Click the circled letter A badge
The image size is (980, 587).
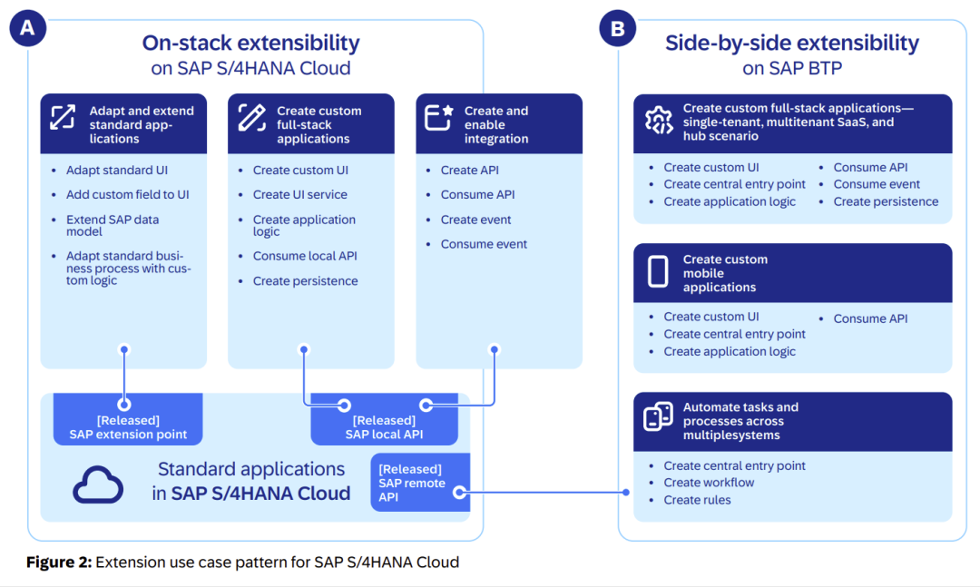point(27,28)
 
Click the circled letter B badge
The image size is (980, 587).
point(617,28)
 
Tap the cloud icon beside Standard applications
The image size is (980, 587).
point(98,484)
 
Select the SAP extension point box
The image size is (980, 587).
point(128,426)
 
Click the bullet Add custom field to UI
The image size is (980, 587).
point(127,195)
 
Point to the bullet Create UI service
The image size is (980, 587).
point(299,195)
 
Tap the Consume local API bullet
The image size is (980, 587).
point(305,256)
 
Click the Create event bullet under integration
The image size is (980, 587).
point(475,220)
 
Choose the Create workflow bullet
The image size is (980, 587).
point(709,483)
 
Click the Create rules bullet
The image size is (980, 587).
point(697,500)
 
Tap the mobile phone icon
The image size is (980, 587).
point(658,272)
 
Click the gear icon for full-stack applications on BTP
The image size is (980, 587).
point(658,121)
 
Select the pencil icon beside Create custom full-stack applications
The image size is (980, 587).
point(251,117)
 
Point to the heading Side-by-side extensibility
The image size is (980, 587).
point(791,43)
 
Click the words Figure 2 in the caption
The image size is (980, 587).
point(59,563)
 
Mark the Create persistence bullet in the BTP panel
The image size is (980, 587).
point(886,201)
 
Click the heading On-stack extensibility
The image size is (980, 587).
point(250,43)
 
